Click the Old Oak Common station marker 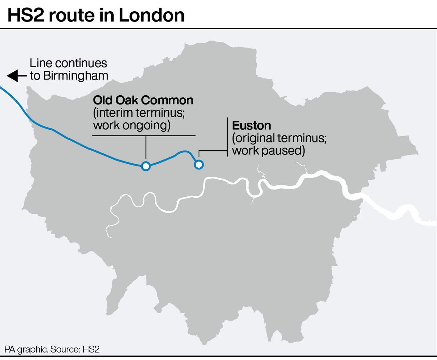point(146,166)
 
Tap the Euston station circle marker point(199,165)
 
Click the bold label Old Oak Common point(143,100)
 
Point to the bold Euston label point(251,125)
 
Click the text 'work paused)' point(268,151)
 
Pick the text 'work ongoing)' point(132,125)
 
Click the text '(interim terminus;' point(139,113)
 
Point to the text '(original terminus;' point(279,138)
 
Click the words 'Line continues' point(68,63)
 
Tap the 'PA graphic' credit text point(26,349)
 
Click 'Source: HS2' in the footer point(75,349)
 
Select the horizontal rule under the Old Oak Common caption point(144,136)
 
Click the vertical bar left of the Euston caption point(228,137)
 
